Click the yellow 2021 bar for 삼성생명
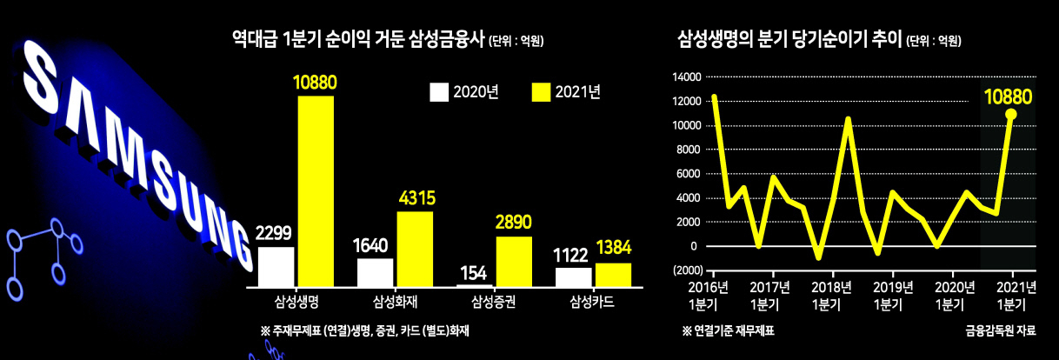tap(316, 191)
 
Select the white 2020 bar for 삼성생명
tap(276, 267)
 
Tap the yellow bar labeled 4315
tap(415, 249)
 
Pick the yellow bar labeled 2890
tap(514, 262)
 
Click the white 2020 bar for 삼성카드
tap(574, 277)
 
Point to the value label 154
tap(473, 273)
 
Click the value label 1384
tap(614, 248)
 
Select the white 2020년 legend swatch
tap(439, 92)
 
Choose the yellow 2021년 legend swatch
tap(542, 92)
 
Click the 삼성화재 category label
tap(396, 302)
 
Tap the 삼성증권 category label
tap(494, 302)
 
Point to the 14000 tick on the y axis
tap(687, 77)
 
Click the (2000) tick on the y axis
tap(688, 270)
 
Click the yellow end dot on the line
tap(1011, 114)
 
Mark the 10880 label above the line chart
tap(1008, 97)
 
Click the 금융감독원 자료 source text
tap(1001, 330)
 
